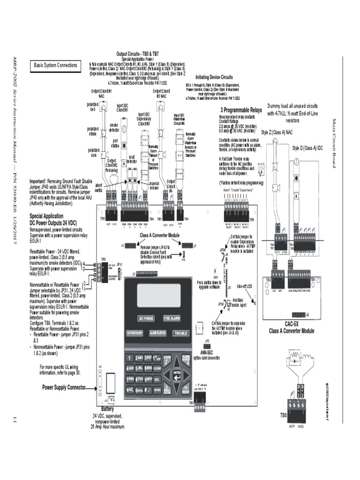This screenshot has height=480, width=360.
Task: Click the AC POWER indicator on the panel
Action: click(x=145, y=318)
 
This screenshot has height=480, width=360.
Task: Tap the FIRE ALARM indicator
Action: click(x=172, y=318)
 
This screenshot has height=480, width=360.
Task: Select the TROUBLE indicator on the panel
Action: click(x=180, y=333)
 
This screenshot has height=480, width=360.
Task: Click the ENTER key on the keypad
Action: click(x=177, y=374)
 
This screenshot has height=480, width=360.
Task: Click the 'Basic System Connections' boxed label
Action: click(x=55, y=66)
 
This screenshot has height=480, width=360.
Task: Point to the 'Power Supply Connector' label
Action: click(x=64, y=388)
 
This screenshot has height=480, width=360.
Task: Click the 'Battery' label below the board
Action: click(x=108, y=409)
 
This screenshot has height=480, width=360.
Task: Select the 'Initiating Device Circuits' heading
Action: click(x=214, y=76)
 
